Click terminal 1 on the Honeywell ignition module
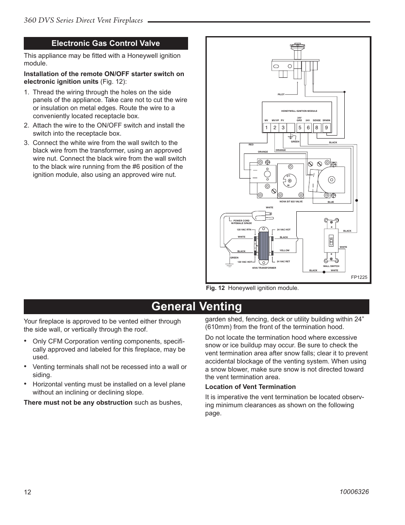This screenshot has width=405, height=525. pyautogui.click(x=266, y=128)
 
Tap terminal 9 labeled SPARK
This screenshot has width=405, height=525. pyautogui.click(x=326, y=128)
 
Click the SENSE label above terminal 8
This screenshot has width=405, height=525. pyautogui.click(x=317, y=120)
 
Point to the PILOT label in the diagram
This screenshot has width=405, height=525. pyautogui.click(x=281, y=94)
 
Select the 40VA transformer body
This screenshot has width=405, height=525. pyautogui.click(x=264, y=247)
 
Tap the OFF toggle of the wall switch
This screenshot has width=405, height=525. pyautogui.click(x=331, y=241)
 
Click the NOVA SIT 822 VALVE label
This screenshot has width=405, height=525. pyautogui.click(x=291, y=201)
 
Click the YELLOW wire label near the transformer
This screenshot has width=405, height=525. pyautogui.click(x=284, y=250)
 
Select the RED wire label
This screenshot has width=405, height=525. pyautogui.click(x=251, y=145)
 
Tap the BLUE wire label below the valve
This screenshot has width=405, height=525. pyautogui.click(x=331, y=202)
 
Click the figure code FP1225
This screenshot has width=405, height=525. pyautogui.click(x=359, y=277)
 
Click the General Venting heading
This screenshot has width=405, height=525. pyautogui.click(x=197, y=306)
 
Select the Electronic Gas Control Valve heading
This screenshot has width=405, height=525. pyautogui.click(x=106, y=43)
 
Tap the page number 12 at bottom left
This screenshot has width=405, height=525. pyautogui.click(x=27, y=492)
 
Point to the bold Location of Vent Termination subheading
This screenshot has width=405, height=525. pyautogui.click(x=250, y=387)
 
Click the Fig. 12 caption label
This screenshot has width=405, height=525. pyautogui.click(x=215, y=288)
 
